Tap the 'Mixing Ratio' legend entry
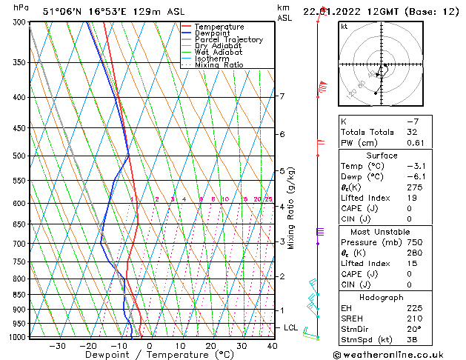pos(219,65)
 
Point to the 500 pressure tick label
pos(19,156)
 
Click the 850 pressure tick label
pos(19,295)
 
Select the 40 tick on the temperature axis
pos(272,345)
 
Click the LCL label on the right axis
pos(290,327)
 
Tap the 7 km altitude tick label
pos(282,96)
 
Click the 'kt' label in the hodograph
pos(344,27)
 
